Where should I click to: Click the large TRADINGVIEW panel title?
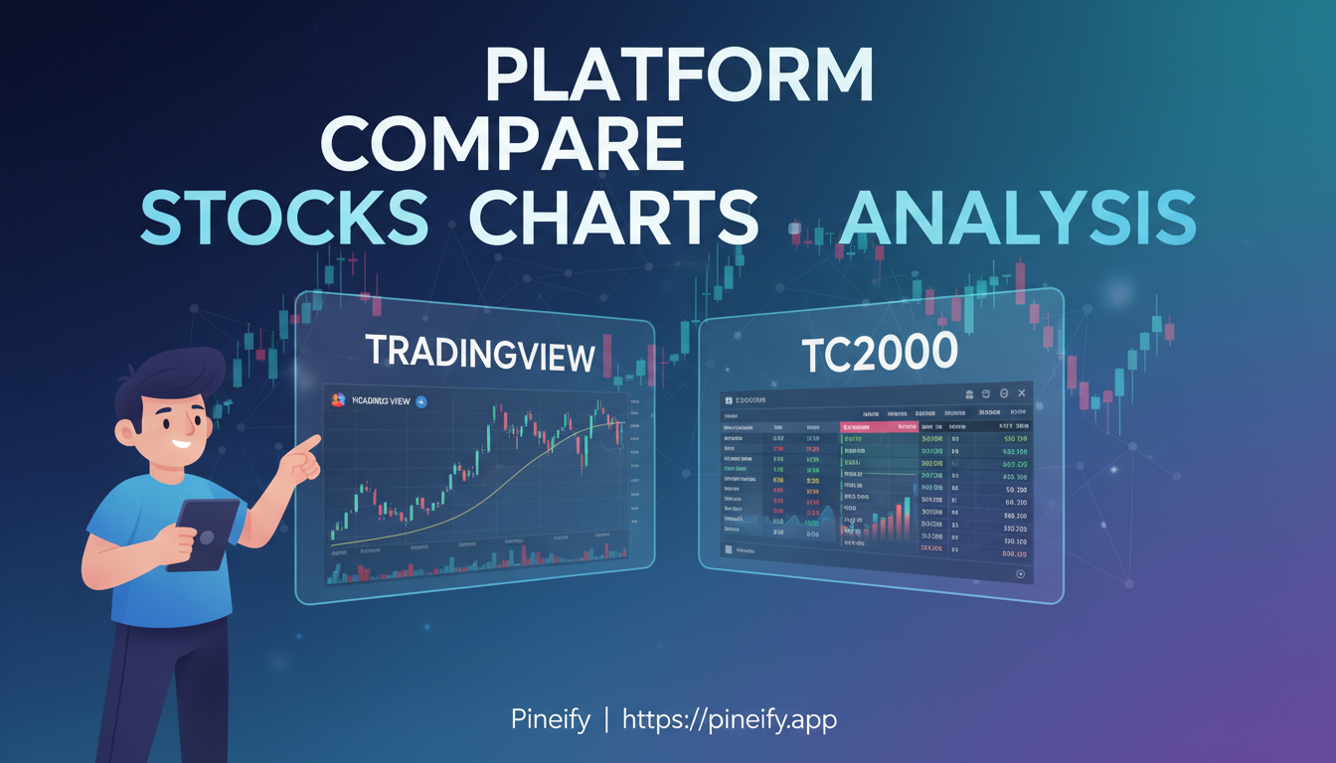coord(481,353)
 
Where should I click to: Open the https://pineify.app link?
coord(730,719)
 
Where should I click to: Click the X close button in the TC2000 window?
coord(1021,394)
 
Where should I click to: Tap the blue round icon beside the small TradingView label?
coord(421,401)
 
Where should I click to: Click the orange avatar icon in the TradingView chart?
coord(338,399)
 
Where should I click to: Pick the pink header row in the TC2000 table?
coord(880,426)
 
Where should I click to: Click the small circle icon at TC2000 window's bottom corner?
coord(1020,574)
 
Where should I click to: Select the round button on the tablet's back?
coord(207,537)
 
